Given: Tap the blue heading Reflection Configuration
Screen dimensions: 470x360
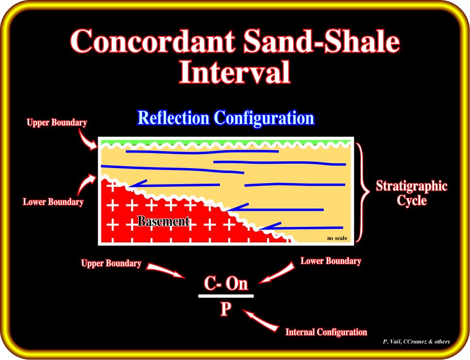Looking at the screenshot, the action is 226,118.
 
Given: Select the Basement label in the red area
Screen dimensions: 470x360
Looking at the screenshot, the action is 164,222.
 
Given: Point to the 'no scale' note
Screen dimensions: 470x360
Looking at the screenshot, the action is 337,238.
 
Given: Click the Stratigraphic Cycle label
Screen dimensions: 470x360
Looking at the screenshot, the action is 412,193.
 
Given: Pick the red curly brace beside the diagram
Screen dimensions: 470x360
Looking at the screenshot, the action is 363,192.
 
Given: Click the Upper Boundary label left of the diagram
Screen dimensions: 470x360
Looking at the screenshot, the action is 57,122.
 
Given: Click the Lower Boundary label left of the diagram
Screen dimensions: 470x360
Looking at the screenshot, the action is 53,202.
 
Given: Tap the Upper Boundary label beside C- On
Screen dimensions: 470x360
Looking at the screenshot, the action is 111,263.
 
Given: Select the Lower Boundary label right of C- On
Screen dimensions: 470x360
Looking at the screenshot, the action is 331,261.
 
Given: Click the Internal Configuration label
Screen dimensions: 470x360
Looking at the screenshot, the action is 326,332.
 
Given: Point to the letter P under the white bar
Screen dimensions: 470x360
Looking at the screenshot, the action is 226,309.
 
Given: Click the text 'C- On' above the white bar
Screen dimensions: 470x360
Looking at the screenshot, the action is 226,283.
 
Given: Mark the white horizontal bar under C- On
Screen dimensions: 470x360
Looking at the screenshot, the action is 226,296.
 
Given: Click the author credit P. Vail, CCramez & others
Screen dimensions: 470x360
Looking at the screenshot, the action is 416,342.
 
